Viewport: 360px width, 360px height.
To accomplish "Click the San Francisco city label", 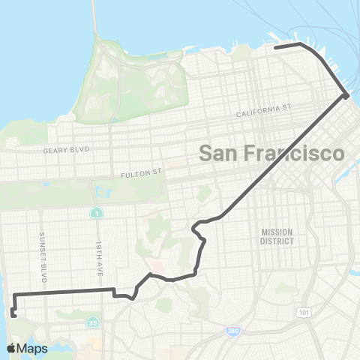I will point(271,153).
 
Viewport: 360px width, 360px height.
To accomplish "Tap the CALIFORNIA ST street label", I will point(262,111).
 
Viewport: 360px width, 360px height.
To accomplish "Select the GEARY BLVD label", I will point(66,150).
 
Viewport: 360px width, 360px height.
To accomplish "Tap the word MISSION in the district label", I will point(277,232).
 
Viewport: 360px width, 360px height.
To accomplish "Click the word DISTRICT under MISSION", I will point(277,241).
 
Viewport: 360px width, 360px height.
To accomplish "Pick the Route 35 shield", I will point(93,323).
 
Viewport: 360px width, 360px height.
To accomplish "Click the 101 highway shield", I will point(303,310).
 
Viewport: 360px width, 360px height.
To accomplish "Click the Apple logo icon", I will point(11,348).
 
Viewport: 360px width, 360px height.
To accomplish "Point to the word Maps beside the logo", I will point(33,349).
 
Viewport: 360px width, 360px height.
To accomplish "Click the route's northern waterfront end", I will point(275,47).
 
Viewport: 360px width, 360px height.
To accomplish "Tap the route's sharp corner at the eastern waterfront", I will point(346,95).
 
